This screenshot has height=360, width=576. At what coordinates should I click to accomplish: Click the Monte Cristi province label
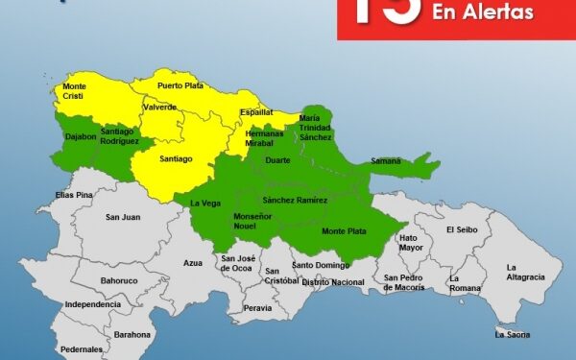click(x=66, y=91)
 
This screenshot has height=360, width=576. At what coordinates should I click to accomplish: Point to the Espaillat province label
click(x=255, y=111)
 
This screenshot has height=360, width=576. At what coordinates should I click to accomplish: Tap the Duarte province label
click(x=277, y=161)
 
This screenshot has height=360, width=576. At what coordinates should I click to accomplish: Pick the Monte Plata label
click(x=343, y=231)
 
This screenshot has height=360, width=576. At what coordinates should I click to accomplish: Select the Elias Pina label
click(x=73, y=195)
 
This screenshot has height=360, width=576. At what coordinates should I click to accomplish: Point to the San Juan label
click(x=124, y=217)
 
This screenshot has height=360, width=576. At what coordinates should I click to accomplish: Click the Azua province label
click(x=193, y=262)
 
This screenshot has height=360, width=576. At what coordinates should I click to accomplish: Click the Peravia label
click(x=257, y=308)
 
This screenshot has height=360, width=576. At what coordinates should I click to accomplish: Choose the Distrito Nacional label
click(x=333, y=281)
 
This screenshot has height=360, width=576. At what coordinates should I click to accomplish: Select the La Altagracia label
click(x=525, y=272)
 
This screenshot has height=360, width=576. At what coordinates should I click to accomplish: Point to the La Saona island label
click(x=512, y=334)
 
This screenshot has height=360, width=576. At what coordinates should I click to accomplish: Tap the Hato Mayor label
click(x=410, y=242)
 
